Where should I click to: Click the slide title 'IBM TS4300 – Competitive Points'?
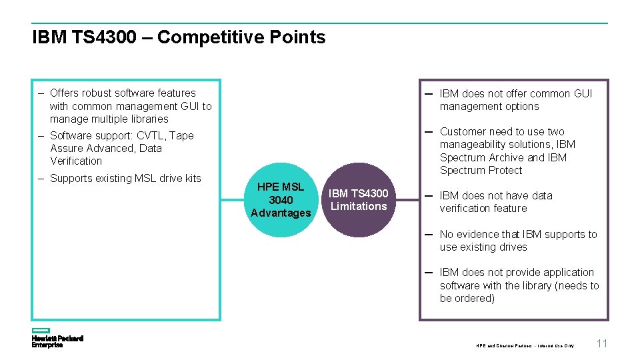click(179, 37)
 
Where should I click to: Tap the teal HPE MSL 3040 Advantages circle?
click(281, 200)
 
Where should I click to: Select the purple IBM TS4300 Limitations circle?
click(359, 200)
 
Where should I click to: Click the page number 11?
click(602, 344)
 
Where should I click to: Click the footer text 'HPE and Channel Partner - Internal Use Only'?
click(525, 345)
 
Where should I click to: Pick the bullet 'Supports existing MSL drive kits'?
click(125, 178)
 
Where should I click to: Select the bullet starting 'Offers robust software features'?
click(131, 106)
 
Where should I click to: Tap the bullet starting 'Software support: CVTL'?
click(122, 148)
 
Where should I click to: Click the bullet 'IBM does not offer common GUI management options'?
click(515, 100)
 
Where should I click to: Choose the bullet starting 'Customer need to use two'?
click(507, 151)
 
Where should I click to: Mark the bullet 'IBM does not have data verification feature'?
click(496, 202)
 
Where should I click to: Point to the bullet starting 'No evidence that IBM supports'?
click(518, 241)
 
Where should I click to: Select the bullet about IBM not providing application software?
click(519, 285)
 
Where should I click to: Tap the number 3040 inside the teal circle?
click(281, 200)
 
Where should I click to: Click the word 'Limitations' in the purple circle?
click(359, 207)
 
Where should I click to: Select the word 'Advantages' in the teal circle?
click(281, 213)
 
